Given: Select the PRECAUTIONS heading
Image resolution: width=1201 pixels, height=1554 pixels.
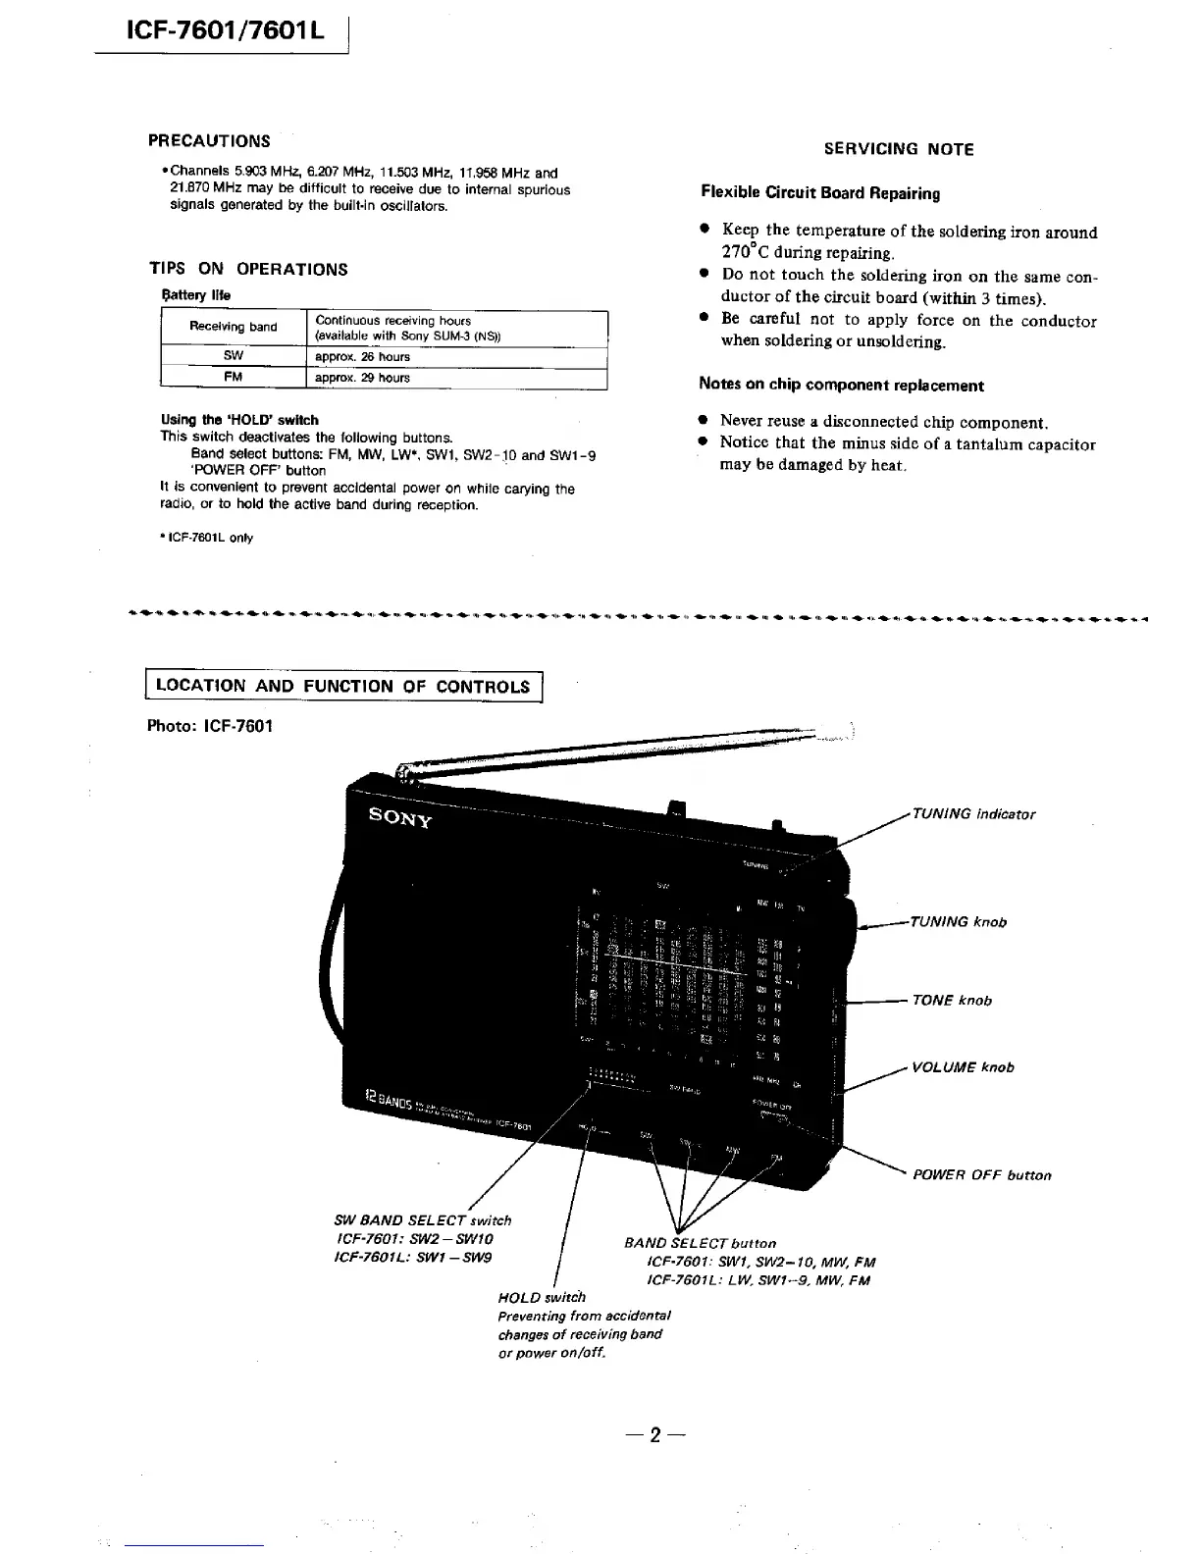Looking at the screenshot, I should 209,140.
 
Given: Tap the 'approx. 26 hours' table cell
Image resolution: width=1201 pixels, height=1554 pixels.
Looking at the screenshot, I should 362,357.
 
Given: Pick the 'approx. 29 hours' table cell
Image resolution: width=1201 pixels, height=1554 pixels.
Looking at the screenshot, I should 362,378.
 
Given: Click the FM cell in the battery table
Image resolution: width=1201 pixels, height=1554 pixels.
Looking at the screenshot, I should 233,378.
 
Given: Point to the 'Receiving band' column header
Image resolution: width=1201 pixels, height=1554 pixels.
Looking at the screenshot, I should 233,327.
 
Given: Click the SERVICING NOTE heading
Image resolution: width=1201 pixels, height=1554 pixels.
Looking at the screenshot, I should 898,149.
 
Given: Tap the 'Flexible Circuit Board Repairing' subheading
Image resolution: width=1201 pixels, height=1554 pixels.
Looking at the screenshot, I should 820,193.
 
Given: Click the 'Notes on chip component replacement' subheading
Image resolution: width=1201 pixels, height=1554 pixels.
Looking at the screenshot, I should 841,385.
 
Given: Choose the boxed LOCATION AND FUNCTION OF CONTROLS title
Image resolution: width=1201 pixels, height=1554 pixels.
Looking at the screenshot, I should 343,686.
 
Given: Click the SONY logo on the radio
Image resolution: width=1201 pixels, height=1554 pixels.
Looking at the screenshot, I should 399,817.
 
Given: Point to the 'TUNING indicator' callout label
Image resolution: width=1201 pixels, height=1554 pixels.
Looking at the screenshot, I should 972,813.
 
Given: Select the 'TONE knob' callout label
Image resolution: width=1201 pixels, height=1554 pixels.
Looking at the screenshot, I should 951,1000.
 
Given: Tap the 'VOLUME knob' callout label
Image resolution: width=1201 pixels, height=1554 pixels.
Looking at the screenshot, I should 962,1066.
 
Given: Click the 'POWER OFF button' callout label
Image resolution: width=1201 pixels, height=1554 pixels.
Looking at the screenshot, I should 981,1174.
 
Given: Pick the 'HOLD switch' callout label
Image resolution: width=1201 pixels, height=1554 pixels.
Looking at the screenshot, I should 542,1297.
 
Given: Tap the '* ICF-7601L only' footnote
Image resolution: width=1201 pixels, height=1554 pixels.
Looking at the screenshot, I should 207,538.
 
